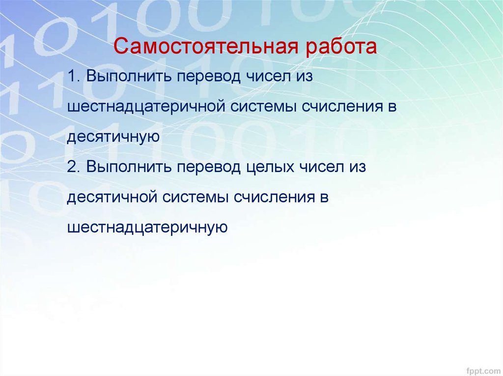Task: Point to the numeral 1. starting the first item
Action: (x=74, y=76)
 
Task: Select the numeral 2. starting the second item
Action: (x=73, y=167)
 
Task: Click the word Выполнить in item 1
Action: (x=128, y=76)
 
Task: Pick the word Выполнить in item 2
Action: (x=128, y=167)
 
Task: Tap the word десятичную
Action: (x=113, y=137)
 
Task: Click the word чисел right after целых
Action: (x=321, y=167)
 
